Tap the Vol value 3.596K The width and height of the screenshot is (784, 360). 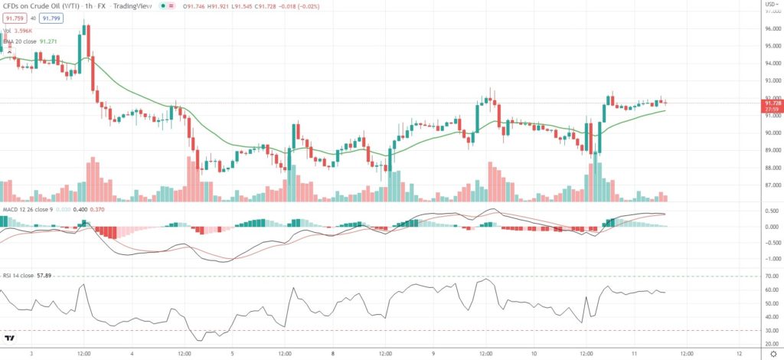point(31,31)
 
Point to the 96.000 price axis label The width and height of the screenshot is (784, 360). point(772,29)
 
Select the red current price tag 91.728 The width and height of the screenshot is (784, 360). point(773,103)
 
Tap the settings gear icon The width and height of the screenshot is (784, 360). point(773,353)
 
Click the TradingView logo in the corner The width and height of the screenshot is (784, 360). point(10,338)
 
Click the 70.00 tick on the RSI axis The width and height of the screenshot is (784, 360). point(772,276)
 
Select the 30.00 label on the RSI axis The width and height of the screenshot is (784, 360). point(772,331)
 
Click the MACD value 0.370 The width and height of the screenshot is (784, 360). point(97,209)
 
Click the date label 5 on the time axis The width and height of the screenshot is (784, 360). point(233,354)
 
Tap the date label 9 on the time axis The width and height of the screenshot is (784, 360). point(434,354)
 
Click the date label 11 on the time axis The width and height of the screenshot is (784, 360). point(635,354)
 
